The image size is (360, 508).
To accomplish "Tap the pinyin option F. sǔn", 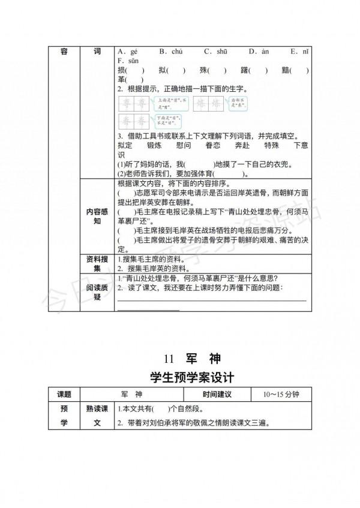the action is tap(128, 61).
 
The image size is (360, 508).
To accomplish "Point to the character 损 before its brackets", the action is tap(122, 70).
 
